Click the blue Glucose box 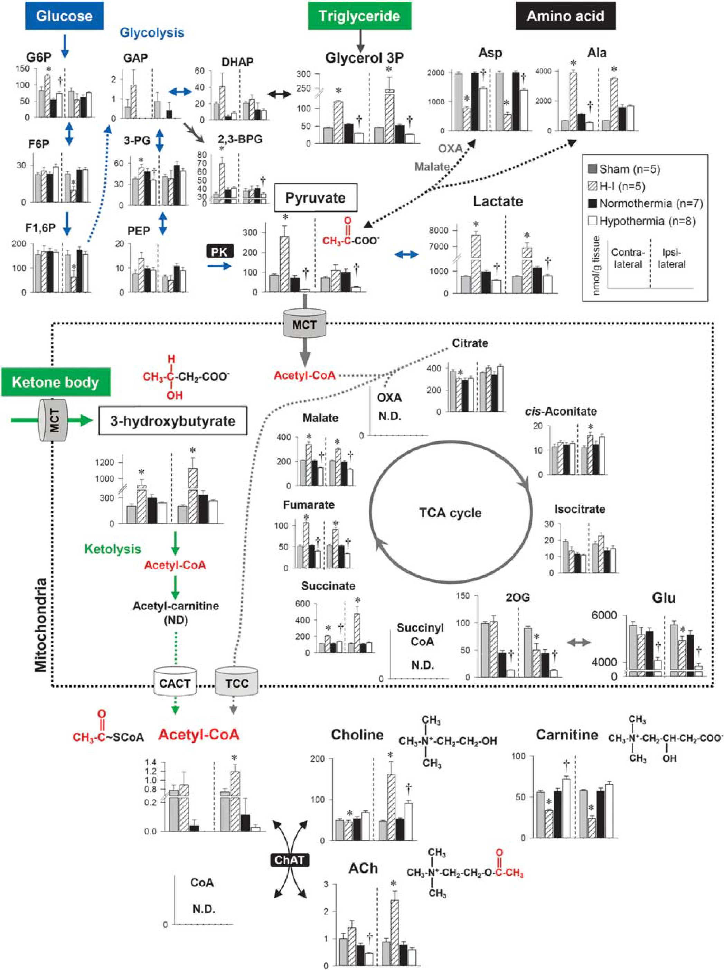pos(64,16)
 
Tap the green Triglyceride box pos(359,16)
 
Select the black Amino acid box pos(565,16)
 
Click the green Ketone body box pos(56,382)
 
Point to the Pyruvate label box pos(316,198)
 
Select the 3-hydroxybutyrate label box pos(173,421)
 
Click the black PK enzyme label pos(220,251)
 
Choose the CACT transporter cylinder pos(175,682)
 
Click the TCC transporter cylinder pos(237,682)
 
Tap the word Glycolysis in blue pos(152,32)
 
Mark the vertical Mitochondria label pos(41,625)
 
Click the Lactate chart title pos(498,201)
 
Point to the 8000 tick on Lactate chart pos(438,231)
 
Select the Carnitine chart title pos(567,735)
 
